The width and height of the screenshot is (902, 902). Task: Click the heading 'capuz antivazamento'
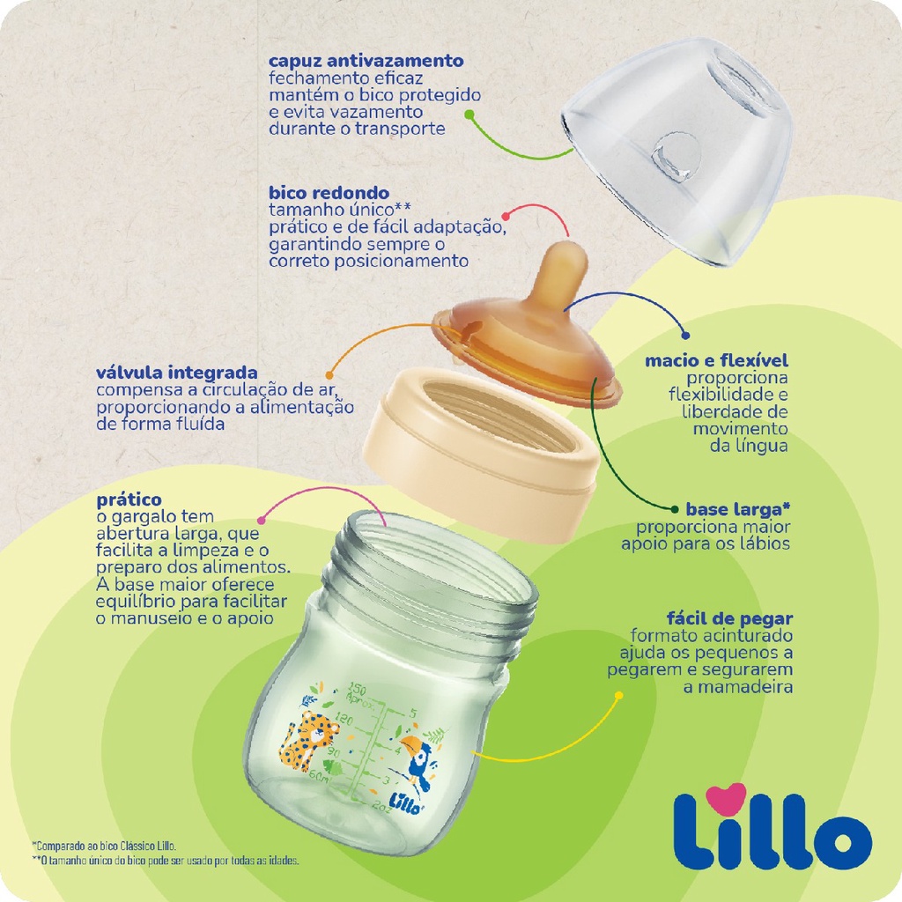click(x=366, y=61)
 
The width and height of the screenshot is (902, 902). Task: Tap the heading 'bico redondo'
click(x=329, y=193)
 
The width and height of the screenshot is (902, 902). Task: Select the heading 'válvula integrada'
click(x=176, y=373)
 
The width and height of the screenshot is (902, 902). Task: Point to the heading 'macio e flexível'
click(x=716, y=360)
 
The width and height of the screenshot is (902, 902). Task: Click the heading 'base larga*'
click(x=738, y=509)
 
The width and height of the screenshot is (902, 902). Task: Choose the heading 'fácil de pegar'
click(x=729, y=619)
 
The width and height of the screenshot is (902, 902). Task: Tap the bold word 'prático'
click(x=129, y=500)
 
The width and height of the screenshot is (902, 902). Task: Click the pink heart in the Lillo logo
click(x=726, y=798)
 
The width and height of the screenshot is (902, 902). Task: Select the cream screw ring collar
click(x=480, y=454)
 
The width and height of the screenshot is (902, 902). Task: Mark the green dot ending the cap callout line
click(x=469, y=115)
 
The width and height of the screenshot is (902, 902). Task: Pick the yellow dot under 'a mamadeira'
click(x=619, y=696)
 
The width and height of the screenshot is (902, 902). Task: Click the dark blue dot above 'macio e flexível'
click(x=685, y=336)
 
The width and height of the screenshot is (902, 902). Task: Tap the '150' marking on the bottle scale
click(x=357, y=689)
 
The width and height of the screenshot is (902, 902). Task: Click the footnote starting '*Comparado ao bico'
click(x=104, y=847)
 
